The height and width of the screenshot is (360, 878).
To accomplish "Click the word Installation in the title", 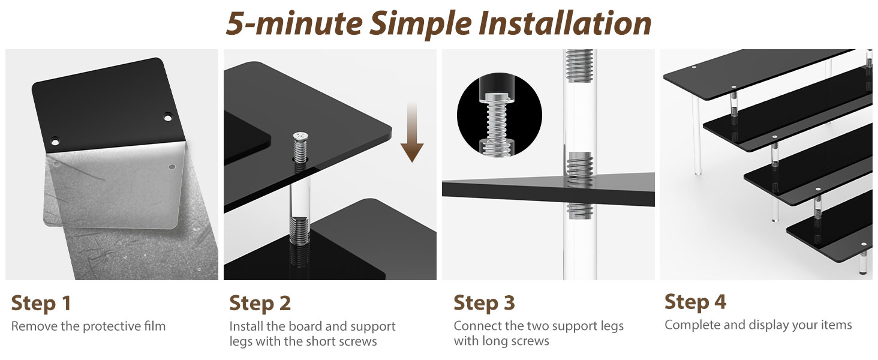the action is click(565, 23).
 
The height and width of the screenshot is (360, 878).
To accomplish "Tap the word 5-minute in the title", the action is click(294, 23).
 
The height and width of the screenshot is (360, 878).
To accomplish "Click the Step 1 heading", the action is click(41, 303).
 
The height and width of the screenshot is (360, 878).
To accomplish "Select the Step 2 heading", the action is click(260, 303).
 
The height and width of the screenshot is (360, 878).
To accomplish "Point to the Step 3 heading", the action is click(484, 303).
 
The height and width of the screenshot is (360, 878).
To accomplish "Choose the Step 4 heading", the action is click(695, 302).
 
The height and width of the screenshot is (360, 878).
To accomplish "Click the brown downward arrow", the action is click(412, 133).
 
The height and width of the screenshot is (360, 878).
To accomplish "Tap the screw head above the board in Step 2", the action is click(300, 136).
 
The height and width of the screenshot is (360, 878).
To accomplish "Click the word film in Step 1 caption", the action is click(155, 326).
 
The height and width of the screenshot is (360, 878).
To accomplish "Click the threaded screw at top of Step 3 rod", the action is click(580, 66).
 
